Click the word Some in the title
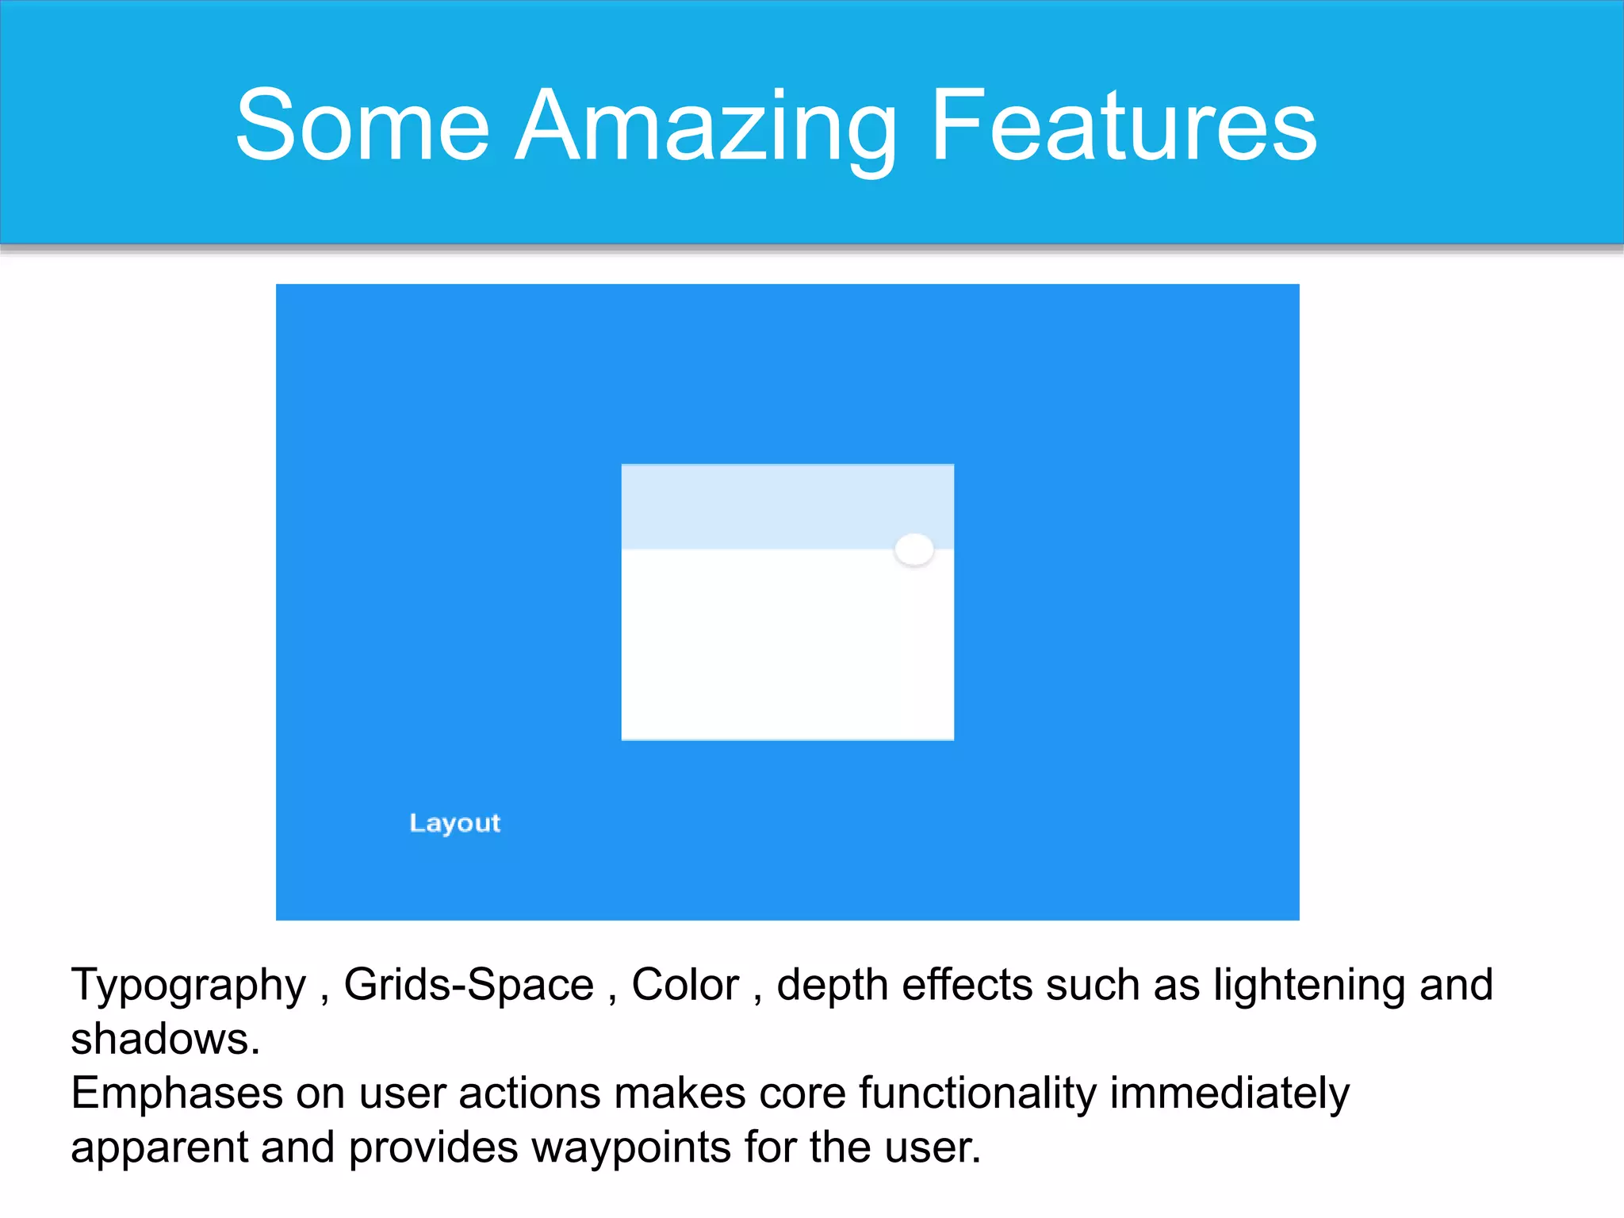tap(362, 127)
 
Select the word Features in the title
tap(1123, 127)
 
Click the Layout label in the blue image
tap(454, 823)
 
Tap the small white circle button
tap(913, 549)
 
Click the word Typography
tap(188, 986)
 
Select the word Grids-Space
tap(468, 985)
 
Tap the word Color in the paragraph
tap(685, 985)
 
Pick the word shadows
tap(165, 1039)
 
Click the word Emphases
tap(176, 1094)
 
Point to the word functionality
tap(977, 1094)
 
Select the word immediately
tap(1229, 1094)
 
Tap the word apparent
tap(159, 1149)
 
